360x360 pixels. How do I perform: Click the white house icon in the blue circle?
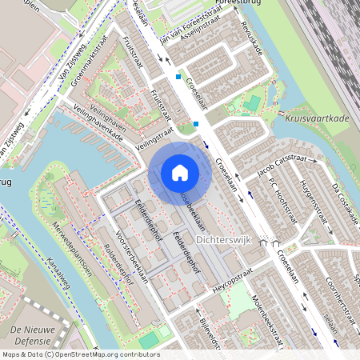[x=180, y=173]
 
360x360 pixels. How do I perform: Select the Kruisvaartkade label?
[x=317, y=118]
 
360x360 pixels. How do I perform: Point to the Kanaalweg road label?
[x=61, y=273]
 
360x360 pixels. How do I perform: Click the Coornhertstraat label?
[x=340, y=304]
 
